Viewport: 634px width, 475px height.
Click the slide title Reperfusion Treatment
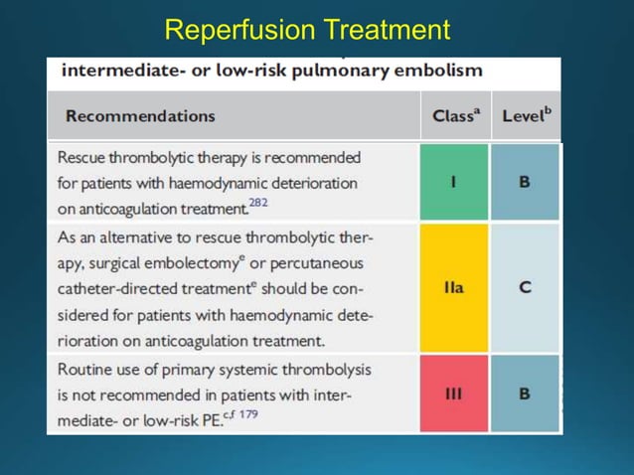tap(307, 30)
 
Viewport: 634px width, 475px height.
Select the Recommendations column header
tap(140, 116)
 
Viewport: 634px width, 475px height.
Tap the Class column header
tap(456, 115)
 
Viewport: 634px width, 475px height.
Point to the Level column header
tap(526, 115)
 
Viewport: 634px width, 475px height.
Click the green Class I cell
tap(454, 182)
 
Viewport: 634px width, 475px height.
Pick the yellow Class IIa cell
tap(454, 287)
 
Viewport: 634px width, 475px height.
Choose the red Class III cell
tap(454, 394)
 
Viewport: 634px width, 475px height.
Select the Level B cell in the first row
tap(525, 182)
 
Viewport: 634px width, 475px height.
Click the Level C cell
tap(525, 287)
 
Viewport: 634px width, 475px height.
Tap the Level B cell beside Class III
tap(525, 394)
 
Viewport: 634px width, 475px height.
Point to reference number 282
tap(258, 203)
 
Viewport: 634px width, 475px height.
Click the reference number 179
tap(246, 414)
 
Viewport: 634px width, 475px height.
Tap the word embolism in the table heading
tap(441, 71)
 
